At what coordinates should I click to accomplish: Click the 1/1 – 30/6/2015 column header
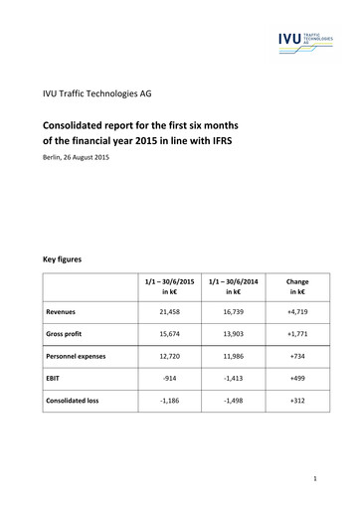pyautogui.click(x=171, y=287)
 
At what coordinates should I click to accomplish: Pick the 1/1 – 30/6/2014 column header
pyautogui.click(x=234, y=287)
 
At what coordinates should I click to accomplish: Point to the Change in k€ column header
pyautogui.click(x=296, y=287)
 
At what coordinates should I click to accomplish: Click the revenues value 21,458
pyautogui.click(x=171, y=310)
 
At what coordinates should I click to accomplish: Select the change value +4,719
pyautogui.click(x=296, y=310)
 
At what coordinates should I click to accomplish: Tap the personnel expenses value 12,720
pyautogui.click(x=171, y=355)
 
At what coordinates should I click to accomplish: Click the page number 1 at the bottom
pyautogui.click(x=313, y=479)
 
